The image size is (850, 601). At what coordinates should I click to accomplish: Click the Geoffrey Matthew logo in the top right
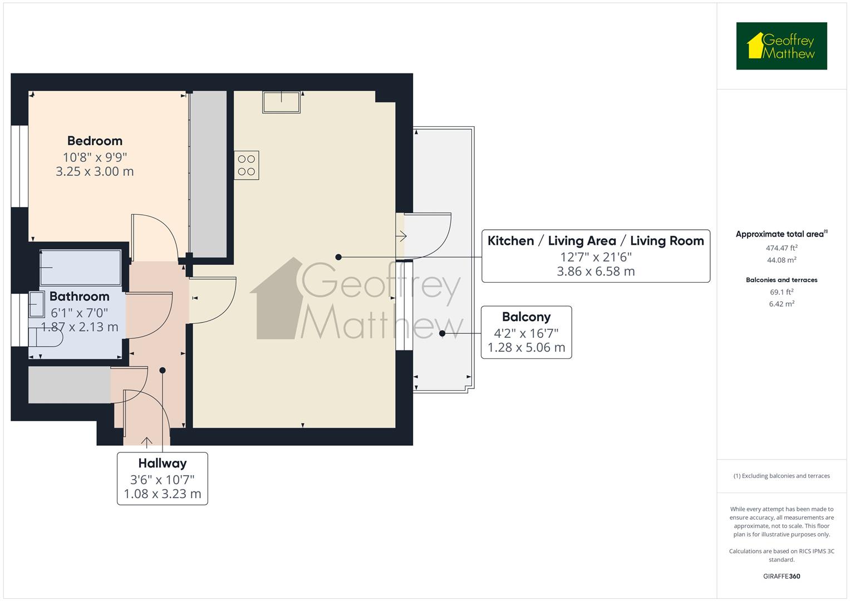click(781, 46)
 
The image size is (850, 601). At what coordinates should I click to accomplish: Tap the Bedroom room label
click(95, 141)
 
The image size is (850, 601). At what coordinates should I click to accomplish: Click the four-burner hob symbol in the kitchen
click(247, 165)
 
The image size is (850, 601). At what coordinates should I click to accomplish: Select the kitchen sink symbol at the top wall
click(282, 102)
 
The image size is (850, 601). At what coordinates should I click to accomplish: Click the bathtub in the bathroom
click(81, 268)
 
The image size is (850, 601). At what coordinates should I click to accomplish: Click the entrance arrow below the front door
click(146, 442)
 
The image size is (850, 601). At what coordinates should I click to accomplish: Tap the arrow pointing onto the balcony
click(401, 237)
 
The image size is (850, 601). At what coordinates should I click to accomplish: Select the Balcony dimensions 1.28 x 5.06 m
click(526, 348)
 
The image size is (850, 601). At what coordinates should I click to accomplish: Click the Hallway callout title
click(163, 463)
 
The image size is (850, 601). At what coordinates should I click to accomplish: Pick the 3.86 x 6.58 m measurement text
click(596, 272)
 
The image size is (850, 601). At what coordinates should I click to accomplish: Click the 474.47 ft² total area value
click(782, 248)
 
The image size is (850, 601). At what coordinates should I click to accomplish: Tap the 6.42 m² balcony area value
click(782, 304)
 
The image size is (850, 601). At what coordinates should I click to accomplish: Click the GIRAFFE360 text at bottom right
click(782, 576)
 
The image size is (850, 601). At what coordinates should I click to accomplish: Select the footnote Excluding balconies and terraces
click(782, 476)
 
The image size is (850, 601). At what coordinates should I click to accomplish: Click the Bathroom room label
click(79, 296)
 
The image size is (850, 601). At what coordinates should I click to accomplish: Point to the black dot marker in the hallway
click(163, 370)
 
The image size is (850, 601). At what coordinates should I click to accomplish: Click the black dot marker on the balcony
click(442, 333)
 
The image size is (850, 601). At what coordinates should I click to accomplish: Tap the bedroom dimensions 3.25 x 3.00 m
click(95, 171)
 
